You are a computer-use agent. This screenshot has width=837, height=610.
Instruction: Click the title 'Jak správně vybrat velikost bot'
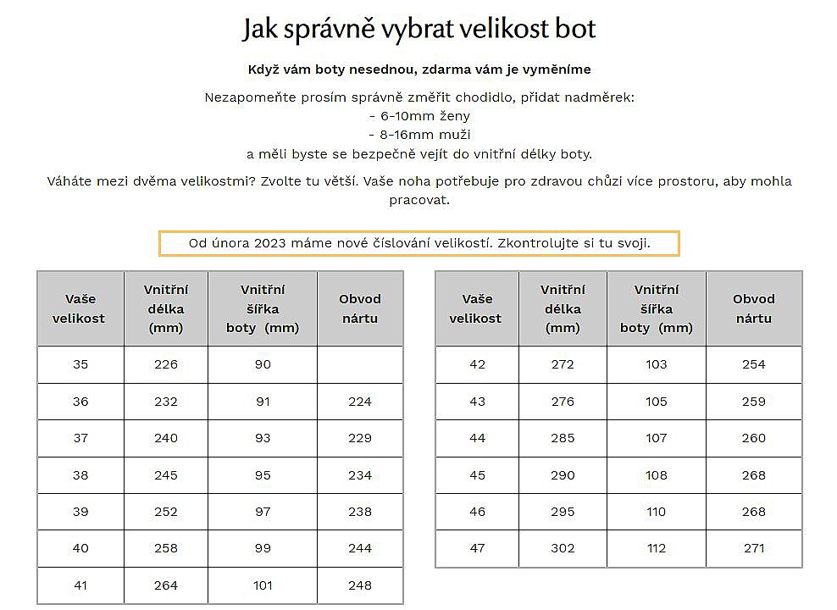418,29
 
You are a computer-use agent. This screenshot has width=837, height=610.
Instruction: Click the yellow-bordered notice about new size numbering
418,243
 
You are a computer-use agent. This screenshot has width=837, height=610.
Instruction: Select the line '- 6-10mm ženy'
418,116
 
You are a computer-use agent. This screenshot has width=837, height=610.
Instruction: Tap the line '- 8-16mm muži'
418,135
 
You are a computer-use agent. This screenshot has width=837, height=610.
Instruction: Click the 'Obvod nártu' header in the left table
360,308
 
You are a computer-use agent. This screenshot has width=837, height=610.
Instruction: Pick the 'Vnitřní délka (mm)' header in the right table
563,308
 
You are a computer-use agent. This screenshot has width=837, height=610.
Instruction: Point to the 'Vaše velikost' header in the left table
80,308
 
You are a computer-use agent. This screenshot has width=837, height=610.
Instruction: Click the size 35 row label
80,364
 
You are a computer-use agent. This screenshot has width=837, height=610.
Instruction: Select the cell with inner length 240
166,438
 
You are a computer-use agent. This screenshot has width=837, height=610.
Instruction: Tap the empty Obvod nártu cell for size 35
360,364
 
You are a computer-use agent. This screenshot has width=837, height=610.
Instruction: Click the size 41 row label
80,585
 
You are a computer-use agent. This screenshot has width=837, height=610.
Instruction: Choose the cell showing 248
360,585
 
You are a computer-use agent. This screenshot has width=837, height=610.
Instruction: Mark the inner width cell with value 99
263,548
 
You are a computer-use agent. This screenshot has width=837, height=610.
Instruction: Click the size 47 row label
477,548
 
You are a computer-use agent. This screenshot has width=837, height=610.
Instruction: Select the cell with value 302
563,548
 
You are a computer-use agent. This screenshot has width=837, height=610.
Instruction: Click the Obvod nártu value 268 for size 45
753,474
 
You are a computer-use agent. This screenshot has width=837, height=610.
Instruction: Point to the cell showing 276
563,402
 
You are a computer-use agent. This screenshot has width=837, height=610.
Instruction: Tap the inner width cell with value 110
657,512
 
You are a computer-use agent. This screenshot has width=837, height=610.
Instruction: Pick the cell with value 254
753,364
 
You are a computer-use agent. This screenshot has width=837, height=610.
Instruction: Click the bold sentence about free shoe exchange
418,69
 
